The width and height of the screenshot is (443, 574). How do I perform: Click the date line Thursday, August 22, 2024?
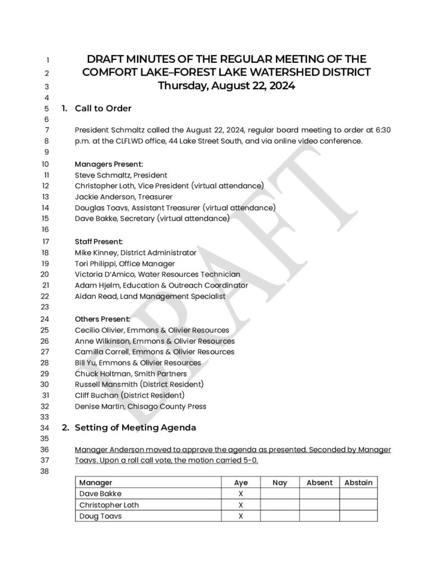(226, 86)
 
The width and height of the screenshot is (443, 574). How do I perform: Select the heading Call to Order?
(103, 108)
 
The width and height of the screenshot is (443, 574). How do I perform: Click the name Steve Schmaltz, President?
(121, 175)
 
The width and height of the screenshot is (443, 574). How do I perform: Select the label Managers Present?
(109, 164)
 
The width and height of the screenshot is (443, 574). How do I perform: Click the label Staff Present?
(102, 242)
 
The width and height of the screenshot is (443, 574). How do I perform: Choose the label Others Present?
(105, 319)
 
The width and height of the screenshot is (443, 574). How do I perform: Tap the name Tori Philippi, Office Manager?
(125, 263)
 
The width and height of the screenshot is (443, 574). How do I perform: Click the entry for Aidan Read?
(150, 296)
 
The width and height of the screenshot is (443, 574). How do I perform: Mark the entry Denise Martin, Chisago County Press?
(140, 406)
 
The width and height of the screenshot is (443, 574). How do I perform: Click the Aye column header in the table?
(241, 483)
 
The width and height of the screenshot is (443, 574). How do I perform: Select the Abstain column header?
(358, 483)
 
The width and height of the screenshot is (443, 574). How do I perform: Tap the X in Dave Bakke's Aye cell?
(241, 494)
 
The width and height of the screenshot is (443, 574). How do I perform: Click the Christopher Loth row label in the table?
(109, 505)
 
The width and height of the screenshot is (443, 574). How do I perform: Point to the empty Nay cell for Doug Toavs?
(279, 516)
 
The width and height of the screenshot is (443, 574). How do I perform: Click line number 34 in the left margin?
(46, 428)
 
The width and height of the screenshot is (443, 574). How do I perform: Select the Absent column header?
(319, 483)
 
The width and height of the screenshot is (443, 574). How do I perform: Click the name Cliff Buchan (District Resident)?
(129, 395)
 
